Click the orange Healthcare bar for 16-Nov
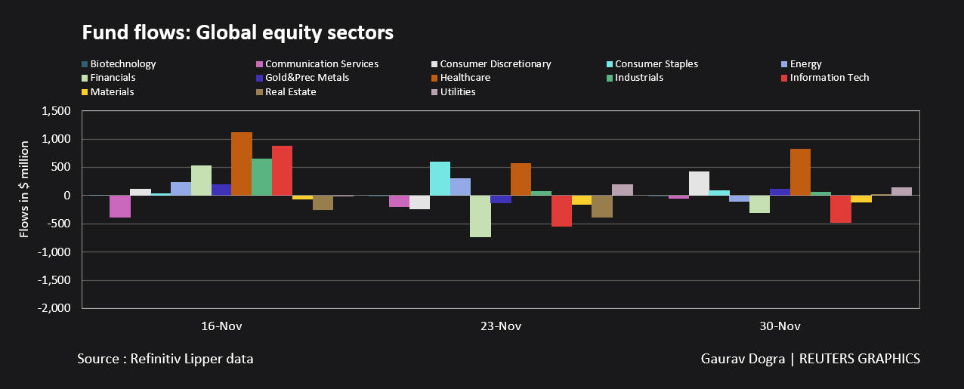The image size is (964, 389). pos(241,164)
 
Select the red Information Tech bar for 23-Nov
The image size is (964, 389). pos(561,211)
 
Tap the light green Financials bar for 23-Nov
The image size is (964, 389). pos(480,216)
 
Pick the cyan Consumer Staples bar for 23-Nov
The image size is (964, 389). pos(439,178)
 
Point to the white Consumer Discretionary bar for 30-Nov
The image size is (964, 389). pos(699,184)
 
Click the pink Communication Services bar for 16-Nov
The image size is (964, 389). pos(119,206)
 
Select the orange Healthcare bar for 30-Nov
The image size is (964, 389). pos(800,172)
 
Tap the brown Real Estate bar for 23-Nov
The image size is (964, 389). pos(602,206)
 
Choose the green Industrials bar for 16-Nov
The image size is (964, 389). pos(261,177)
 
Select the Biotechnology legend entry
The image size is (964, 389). pos(122,64)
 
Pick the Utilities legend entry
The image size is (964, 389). pos(458,92)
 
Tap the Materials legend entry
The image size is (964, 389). pos(112,92)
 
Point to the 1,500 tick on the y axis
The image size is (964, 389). pos(55,111)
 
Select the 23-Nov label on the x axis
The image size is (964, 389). pos(500,327)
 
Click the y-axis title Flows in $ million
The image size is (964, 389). pos(24,189)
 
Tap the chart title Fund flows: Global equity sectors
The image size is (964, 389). pos(238,33)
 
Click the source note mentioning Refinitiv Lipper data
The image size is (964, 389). pos(165,359)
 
